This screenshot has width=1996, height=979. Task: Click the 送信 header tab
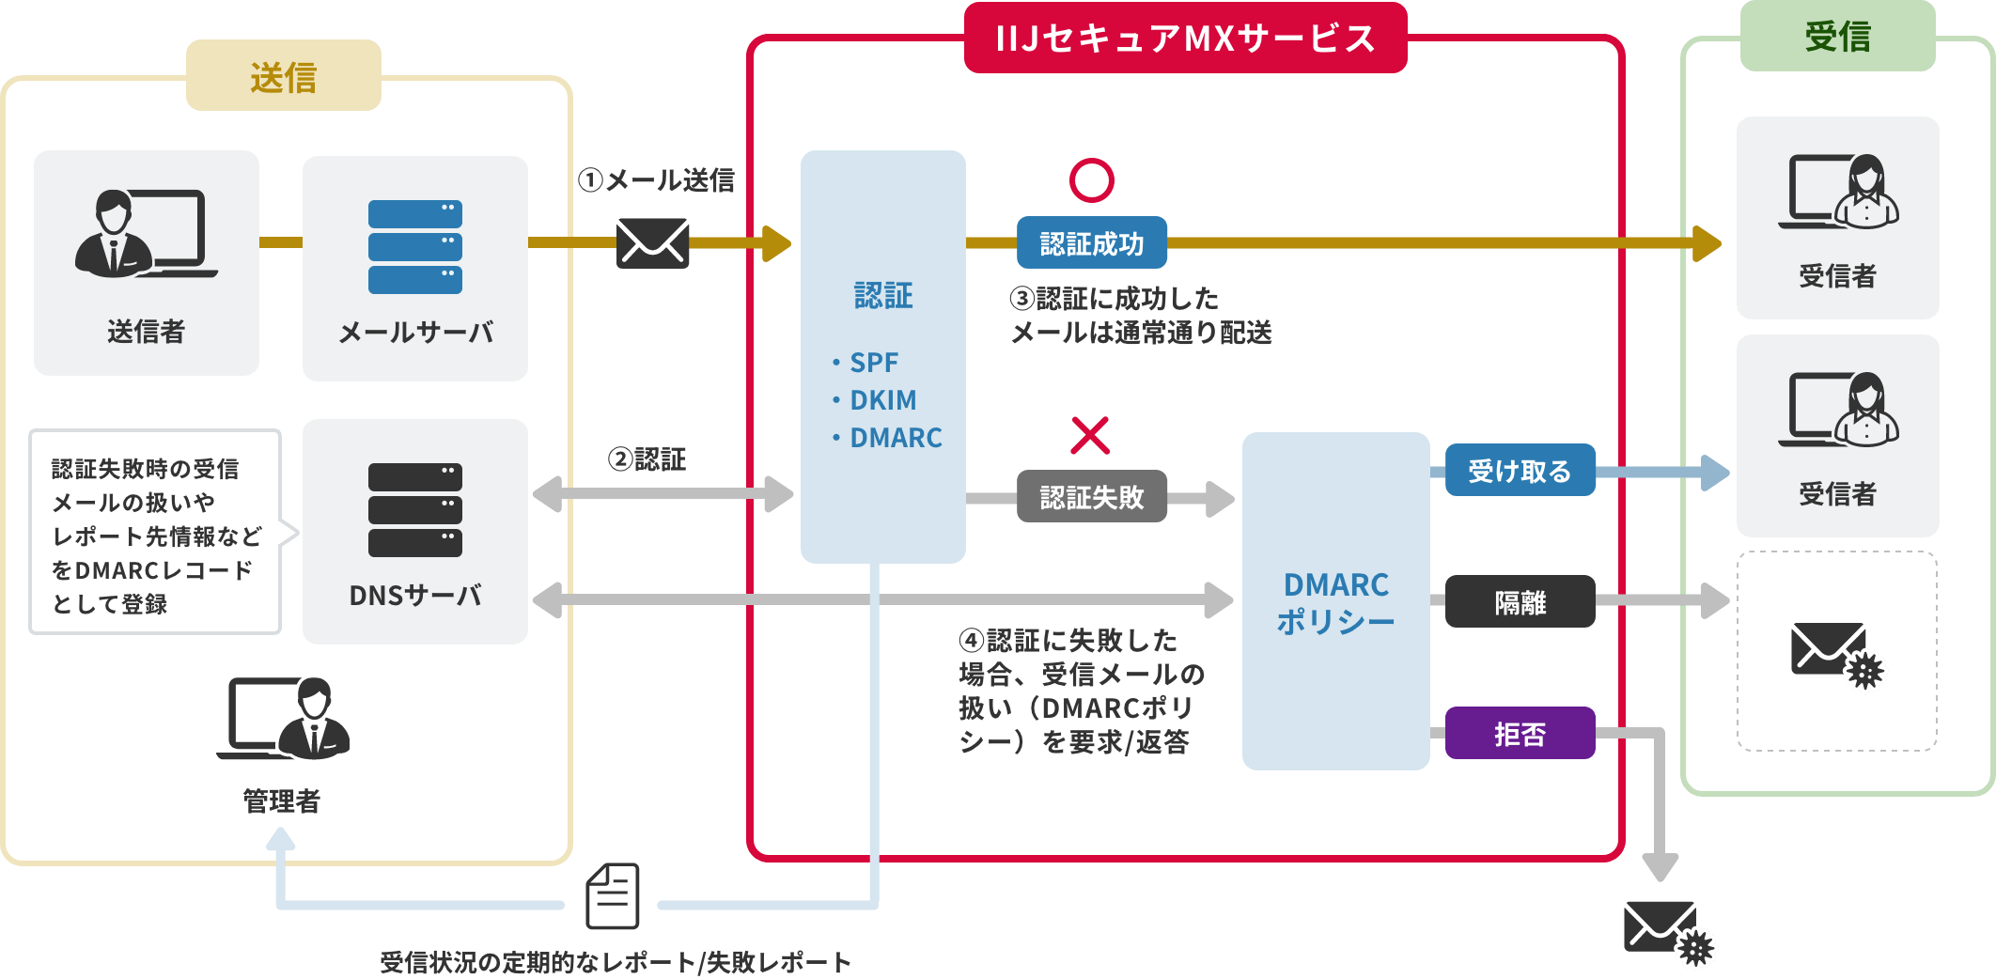(x=283, y=76)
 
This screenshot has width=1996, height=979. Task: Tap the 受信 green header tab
(x=1837, y=37)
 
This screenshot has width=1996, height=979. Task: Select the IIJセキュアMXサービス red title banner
(x=1185, y=39)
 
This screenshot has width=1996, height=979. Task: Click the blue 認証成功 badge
(x=1092, y=243)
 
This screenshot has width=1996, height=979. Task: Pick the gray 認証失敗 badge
(x=1092, y=497)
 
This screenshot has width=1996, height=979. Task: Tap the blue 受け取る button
(x=1520, y=470)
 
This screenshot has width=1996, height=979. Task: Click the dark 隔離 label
(x=1520, y=601)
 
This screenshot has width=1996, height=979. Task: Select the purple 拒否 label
(x=1520, y=733)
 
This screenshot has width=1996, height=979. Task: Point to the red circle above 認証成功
(x=1091, y=180)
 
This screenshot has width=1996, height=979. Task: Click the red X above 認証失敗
(x=1090, y=435)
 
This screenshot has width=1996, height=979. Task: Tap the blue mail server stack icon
(x=414, y=247)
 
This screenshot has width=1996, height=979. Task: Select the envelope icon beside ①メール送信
(x=652, y=243)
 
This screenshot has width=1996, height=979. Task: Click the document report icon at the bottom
(x=613, y=896)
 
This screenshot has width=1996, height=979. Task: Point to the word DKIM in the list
(x=882, y=400)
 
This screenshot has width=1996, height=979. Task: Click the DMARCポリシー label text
(x=1335, y=602)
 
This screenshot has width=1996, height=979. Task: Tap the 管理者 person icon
(x=286, y=719)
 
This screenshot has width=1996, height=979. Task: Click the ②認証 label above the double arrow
(x=647, y=459)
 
